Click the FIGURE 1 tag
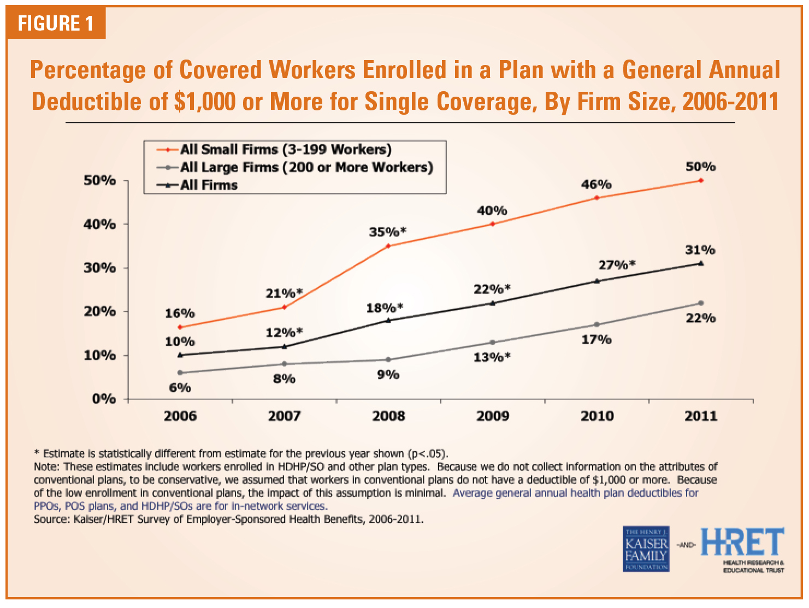(56, 23)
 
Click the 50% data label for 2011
(700, 167)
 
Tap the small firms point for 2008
(388, 246)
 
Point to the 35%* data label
(387, 232)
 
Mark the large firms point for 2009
(492, 343)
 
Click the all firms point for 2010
(597, 281)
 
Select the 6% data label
(180, 388)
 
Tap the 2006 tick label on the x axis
(180, 416)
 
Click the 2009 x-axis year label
(492, 416)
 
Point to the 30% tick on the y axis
(100, 268)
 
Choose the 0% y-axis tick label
(103, 399)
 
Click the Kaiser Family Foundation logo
(646, 549)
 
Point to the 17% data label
(597, 340)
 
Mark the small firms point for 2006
(180, 327)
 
